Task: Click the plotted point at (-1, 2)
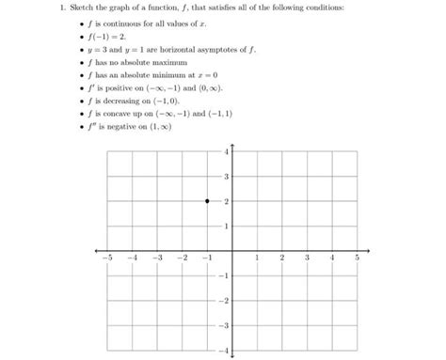(206, 201)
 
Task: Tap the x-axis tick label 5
(357, 258)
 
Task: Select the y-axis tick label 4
(226, 152)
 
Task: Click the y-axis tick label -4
(224, 351)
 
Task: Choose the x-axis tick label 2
(281, 258)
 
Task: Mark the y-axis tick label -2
(224, 301)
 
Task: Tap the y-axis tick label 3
(226, 177)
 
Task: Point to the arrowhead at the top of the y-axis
(231, 144)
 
